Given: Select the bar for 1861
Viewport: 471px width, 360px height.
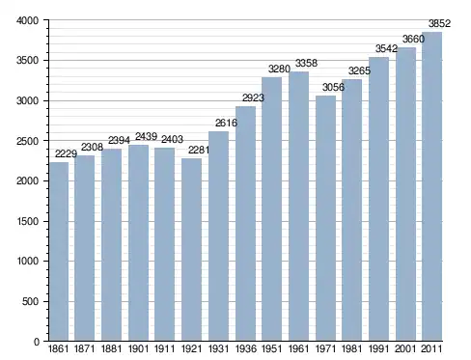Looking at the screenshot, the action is (x=59, y=251).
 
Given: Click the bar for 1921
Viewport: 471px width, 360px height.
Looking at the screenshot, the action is (x=191, y=249).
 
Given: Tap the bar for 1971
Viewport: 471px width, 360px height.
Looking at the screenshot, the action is (x=325, y=218).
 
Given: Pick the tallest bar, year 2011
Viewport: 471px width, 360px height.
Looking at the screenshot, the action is (x=432, y=186).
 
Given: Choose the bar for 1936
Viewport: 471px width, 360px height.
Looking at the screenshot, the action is (x=245, y=224).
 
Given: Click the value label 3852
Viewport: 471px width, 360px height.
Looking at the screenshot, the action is (x=439, y=23).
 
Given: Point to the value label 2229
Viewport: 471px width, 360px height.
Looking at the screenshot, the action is (x=66, y=153).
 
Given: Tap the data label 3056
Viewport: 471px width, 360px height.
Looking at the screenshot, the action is (x=333, y=87).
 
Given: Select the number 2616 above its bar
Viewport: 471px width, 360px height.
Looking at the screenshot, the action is (x=226, y=123).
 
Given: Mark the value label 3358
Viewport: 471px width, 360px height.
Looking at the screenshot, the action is (x=306, y=63).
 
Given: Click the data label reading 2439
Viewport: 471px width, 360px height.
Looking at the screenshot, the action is (x=146, y=137).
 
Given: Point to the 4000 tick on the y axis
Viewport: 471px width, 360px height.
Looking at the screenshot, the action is (x=27, y=20).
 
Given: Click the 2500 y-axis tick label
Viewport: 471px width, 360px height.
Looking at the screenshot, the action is (x=27, y=141).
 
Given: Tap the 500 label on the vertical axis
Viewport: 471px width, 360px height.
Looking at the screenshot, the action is (x=30, y=301).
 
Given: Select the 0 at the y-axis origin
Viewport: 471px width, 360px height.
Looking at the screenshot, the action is (x=36, y=342).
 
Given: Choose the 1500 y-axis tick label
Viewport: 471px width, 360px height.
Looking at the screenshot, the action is (x=27, y=221).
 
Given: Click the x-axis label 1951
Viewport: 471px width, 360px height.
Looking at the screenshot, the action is (x=272, y=348).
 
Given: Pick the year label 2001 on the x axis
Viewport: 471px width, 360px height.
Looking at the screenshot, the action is (x=405, y=348).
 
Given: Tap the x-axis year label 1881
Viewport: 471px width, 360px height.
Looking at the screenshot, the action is (x=111, y=348).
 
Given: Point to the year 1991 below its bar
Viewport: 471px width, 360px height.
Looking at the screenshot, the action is (x=379, y=348).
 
